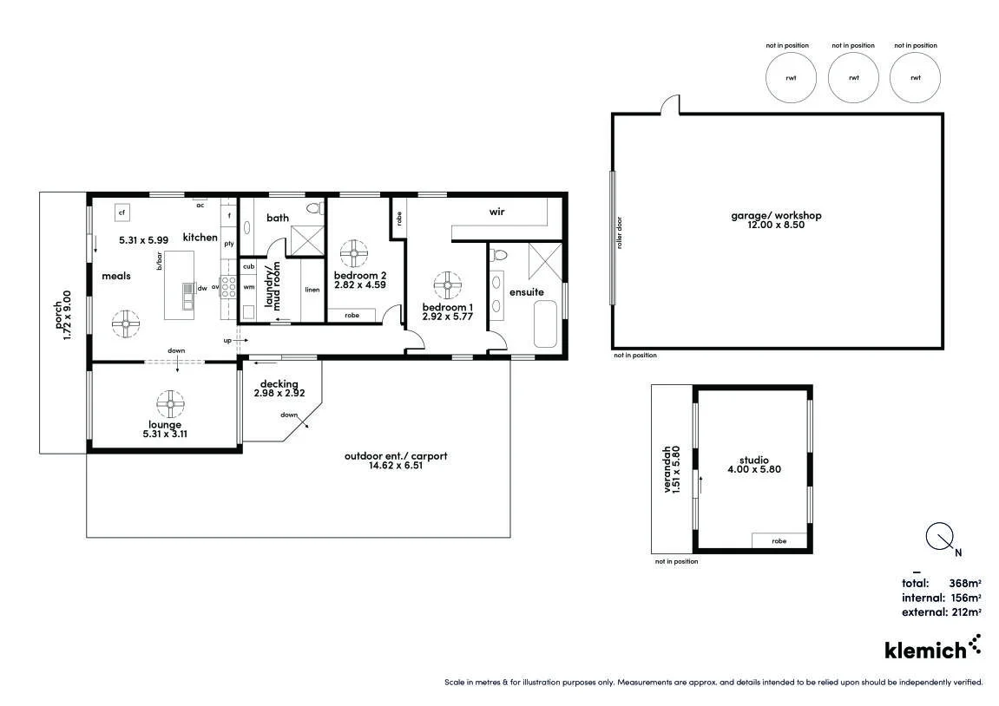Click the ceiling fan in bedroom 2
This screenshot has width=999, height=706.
click(x=353, y=253)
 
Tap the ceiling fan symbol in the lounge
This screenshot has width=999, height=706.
click(x=171, y=403)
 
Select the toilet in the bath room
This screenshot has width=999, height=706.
click(x=312, y=208)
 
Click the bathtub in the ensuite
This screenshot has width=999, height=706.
click(x=546, y=324)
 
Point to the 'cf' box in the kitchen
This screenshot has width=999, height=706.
click(x=122, y=212)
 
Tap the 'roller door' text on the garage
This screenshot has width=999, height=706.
click(x=619, y=233)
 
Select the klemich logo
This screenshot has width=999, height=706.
click(x=933, y=647)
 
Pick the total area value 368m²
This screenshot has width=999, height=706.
click(x=964, y=583)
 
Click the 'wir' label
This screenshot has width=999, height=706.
click(x=497, y=212)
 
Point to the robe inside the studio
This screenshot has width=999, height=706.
click(x=779, y=540)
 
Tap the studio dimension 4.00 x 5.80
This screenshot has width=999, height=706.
click(x=753, y=470)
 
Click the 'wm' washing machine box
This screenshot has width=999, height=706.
click(x=249, y=286)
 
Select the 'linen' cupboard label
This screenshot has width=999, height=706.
click(x=312, y=290)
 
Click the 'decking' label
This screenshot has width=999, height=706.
click(x=279, y=384)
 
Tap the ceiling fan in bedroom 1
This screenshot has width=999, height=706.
click(x=448, y=285)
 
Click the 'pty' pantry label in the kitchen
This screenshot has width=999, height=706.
click(x=229, y=244)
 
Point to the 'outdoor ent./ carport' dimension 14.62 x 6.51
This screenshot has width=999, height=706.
click(x=396, y=466)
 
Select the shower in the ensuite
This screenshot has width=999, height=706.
click(x=546, y=261)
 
